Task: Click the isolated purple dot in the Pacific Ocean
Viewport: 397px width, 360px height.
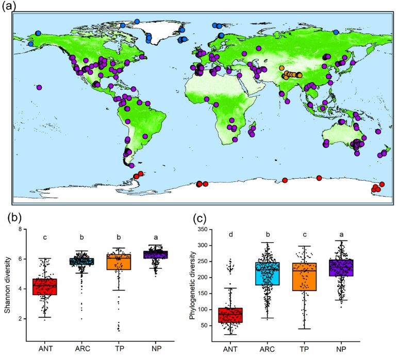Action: pyautogui.click(x=39, y=88)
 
